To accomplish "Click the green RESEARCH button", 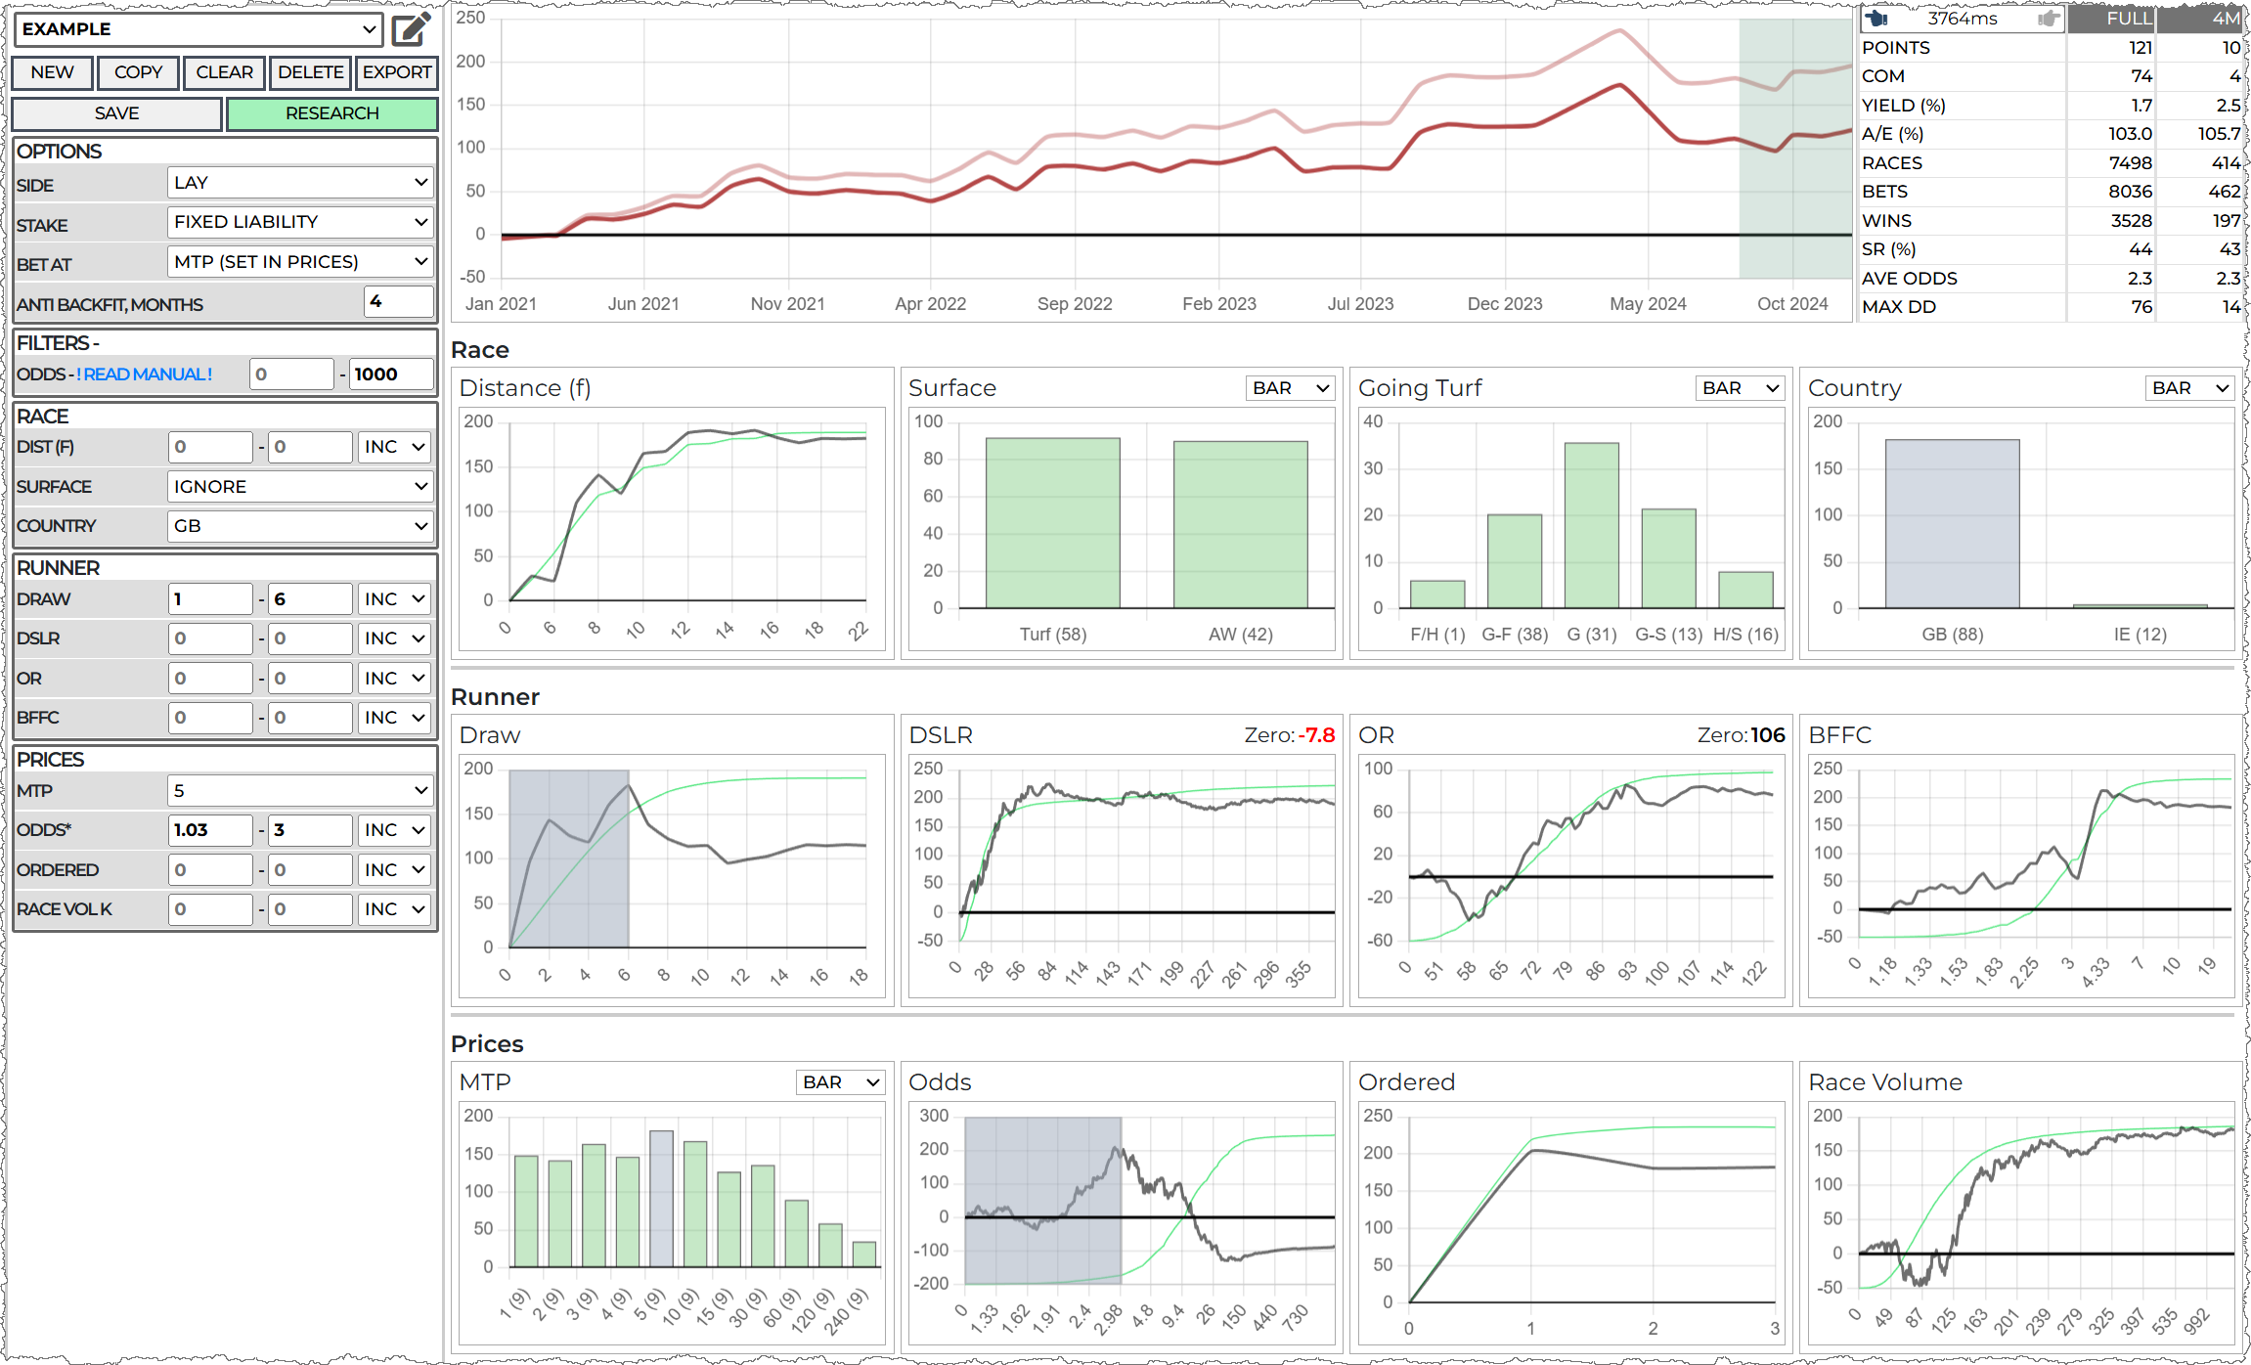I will (331, 113).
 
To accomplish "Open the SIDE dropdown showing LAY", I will (300, 183).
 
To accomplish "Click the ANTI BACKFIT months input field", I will (398, 302).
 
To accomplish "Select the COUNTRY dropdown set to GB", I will (300, 526).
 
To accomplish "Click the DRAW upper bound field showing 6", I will (309, 599).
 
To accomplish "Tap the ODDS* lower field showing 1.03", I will (209, 830).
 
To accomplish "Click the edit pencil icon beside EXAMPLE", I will (412, 29).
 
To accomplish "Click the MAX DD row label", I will (1898, 307).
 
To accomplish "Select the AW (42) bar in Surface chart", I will (1240, 524).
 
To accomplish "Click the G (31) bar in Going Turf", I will (1591, 525).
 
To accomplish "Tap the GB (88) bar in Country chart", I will (1952, 524).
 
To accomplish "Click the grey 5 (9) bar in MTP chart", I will (661, 1199).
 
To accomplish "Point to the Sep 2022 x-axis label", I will (1075, 304).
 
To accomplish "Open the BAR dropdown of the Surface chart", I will (1291, 388).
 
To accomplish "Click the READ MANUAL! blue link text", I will (148, 374).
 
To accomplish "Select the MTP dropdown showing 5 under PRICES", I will (300, 790).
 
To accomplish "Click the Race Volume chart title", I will (1884, 1082).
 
